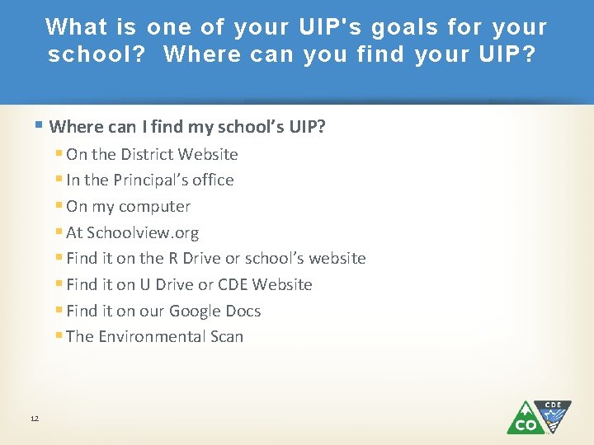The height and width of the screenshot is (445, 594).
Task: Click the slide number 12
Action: tap(34, 419)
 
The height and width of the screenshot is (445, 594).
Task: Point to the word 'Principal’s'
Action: tap(152, 180)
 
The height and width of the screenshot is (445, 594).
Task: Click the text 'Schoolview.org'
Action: tap(143, 232)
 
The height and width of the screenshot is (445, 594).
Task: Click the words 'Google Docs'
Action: tap(214, 311)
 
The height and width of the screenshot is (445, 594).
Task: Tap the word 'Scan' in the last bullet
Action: tap(226, 336)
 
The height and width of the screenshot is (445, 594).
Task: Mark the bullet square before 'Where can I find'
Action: tap(41, 125)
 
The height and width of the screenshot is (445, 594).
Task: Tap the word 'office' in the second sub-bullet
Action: tap(213, 180)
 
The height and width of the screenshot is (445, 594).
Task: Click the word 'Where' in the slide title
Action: tap(196, 55)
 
